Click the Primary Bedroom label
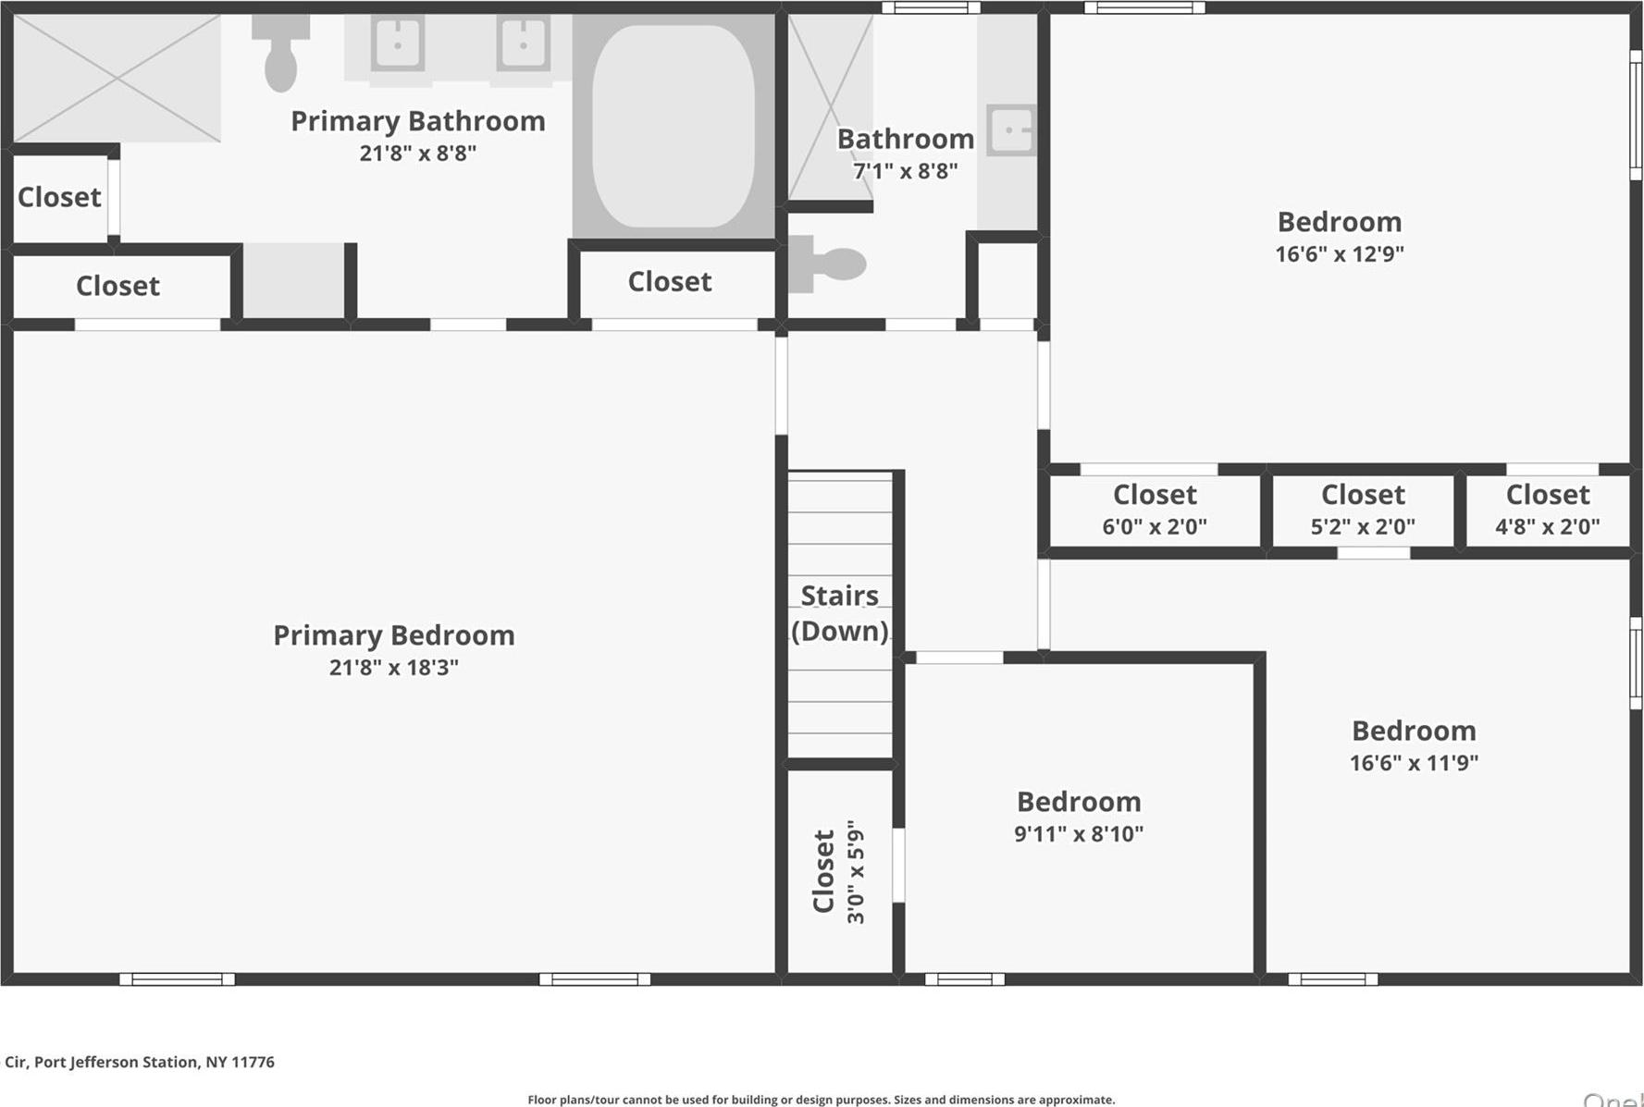pyautogui.click(x=393, y=635)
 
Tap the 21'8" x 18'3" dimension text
pyautogui.click(x=393, y=668)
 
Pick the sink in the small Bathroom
pyautogui.click(x=1011, y=129)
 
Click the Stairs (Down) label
pyautogui.click(x=839, y=613)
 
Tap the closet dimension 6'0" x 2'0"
pyautogui.click(x=1154, y=527)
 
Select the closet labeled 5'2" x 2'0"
pyautogui.click(x=1363, y=510)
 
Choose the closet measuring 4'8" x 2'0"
pyautogui.click(x=1547, y=510)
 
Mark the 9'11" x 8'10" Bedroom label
pyautogui.click(x=1079, y=802)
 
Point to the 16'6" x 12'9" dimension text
pyautogui.click(x=1339, y=254)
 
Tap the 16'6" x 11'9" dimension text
pyautogui.click(x=1414, y=763)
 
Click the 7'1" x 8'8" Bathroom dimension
pyautogui.click(x=905, y=171)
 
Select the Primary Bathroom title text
pyautogui.click(x=418, y=121)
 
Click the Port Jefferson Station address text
pyautogui.click(x=140, y=1062)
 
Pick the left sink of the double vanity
pyautogui.click(x=398, y=43)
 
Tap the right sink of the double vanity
pyautogui.click(x=523, y=43)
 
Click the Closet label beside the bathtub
pyautogui.click(x=670, y=281)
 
